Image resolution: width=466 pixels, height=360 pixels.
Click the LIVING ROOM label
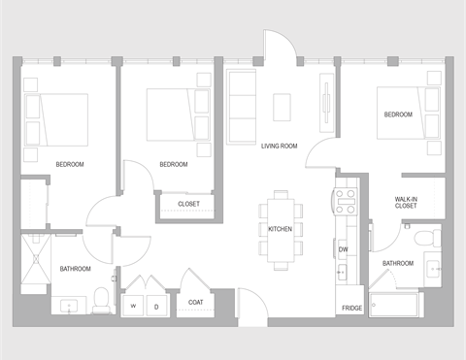click(x=279, y=147)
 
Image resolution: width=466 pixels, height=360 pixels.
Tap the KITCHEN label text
click(x=280, y=229)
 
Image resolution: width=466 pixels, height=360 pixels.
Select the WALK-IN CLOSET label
click(x=406, y=202)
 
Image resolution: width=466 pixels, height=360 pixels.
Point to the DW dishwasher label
click(x=343, y=249)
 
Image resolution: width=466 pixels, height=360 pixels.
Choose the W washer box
click(x=133, y=305)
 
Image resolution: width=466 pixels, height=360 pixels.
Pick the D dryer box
click(x=155, y=305)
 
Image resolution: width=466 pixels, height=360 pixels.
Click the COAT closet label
click(x=195, y=302)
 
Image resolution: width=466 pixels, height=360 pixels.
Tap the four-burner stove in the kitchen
click(x=346, y=201)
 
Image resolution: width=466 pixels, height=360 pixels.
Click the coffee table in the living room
click(x=283, y=106)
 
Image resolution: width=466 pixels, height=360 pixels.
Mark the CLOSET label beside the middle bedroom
click(x=188, y=204)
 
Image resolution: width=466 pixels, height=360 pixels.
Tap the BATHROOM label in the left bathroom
click(x=75, y=269)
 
